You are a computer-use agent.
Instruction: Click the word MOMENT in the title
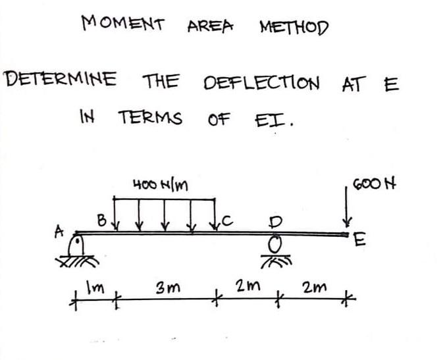pos(122,24)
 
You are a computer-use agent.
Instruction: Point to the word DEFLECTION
pos(262,84)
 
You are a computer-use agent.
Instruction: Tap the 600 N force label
pos(376,182)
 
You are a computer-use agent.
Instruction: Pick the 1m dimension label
pos(92,286)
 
